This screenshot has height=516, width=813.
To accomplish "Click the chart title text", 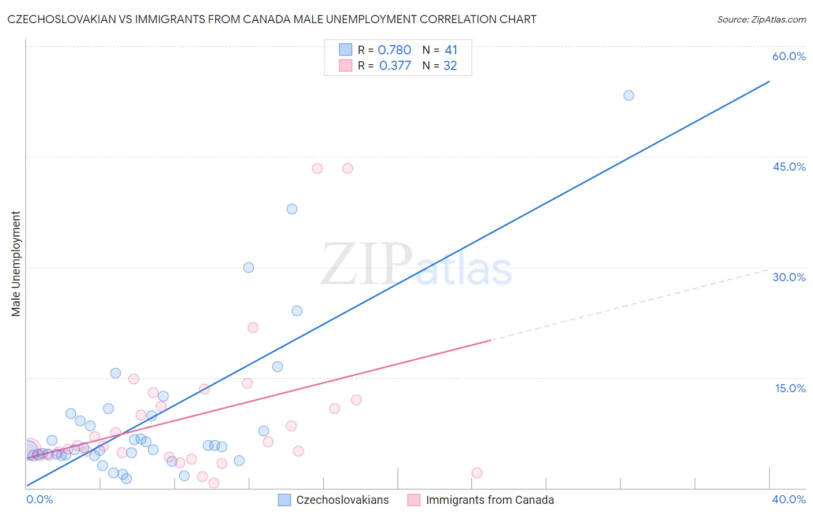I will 272,19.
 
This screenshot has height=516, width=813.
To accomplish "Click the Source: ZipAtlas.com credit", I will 761,19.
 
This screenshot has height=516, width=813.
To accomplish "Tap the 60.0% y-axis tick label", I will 789,56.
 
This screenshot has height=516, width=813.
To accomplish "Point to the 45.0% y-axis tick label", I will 789,167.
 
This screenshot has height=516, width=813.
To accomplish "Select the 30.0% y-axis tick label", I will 789,277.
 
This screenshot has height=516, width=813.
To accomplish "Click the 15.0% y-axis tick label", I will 790,388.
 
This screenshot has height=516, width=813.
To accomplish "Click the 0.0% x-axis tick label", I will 40,499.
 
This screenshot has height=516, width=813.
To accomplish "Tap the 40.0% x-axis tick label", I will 789,499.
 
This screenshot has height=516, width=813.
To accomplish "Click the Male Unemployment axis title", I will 16,264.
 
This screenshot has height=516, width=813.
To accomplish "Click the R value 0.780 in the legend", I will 394,50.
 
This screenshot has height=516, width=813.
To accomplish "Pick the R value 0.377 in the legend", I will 394,66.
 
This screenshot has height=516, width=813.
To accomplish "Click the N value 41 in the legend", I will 451,50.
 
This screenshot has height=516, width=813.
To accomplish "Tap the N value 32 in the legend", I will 450,66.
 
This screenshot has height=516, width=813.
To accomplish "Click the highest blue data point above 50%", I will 629,95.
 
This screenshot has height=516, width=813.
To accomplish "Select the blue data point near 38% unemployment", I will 292,209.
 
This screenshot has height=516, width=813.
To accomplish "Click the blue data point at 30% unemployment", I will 249,267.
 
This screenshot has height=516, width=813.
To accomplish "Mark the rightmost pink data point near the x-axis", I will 477,473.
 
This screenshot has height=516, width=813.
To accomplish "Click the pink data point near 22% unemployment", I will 253,327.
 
